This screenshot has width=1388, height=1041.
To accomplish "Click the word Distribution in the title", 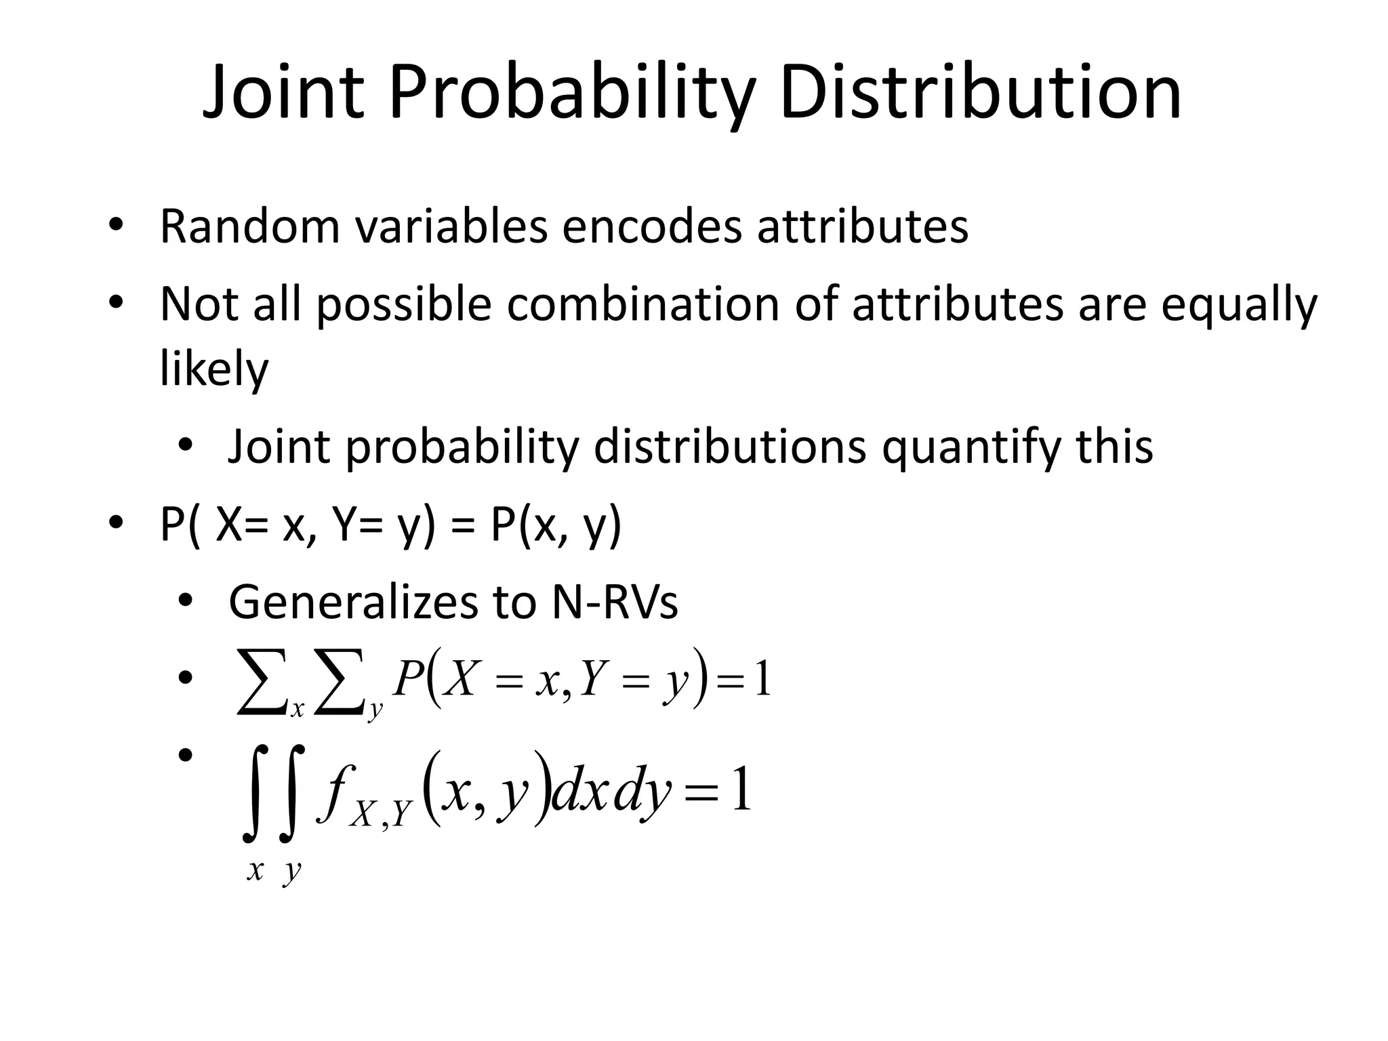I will (980, 94).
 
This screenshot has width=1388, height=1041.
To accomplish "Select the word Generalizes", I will (374, 602).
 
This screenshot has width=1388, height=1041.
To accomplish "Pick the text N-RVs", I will (615, 602).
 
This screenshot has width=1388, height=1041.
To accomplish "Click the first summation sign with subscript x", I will (261, 680).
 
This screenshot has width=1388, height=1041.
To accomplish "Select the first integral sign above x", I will (256, 793).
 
